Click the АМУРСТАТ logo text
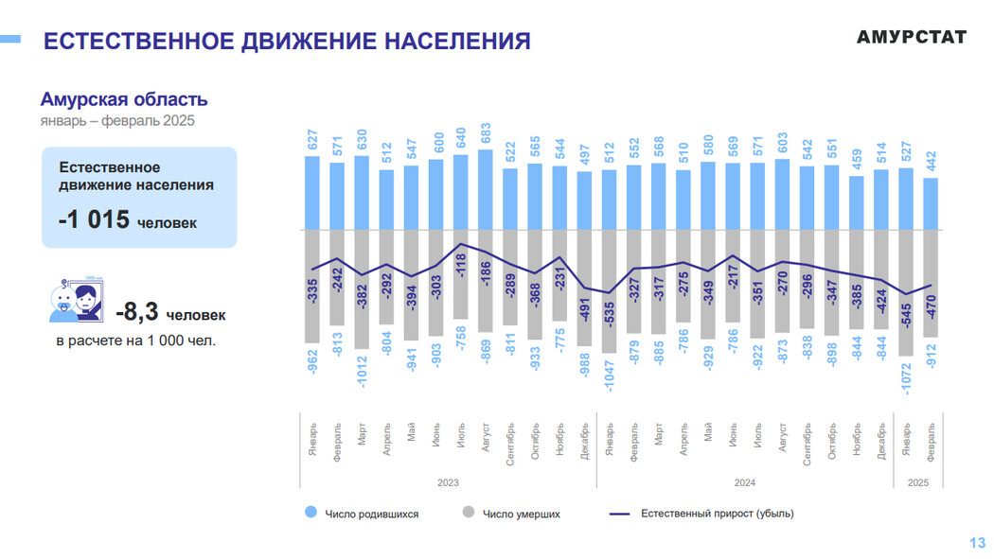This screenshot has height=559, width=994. pos(911,37)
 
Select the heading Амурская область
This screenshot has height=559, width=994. pos(124,99)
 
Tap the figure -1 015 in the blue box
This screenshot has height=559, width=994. pos(94,219)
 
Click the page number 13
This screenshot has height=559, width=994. pos(977,542)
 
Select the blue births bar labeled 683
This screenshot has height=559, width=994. pos(486,189)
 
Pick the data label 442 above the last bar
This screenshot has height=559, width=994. pos(931,162)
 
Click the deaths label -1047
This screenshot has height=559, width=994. pos(610,376)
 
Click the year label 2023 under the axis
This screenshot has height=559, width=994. pos(447,482)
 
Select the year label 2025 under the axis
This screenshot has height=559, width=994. pos(918,482)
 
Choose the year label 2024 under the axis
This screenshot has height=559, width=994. pos(744,482)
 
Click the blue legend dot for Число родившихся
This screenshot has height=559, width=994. pos(310,514)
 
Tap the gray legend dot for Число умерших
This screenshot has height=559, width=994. pos(468,514)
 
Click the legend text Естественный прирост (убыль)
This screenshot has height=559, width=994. pos(717,514)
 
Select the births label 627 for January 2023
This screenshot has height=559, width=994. pos(312,140)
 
